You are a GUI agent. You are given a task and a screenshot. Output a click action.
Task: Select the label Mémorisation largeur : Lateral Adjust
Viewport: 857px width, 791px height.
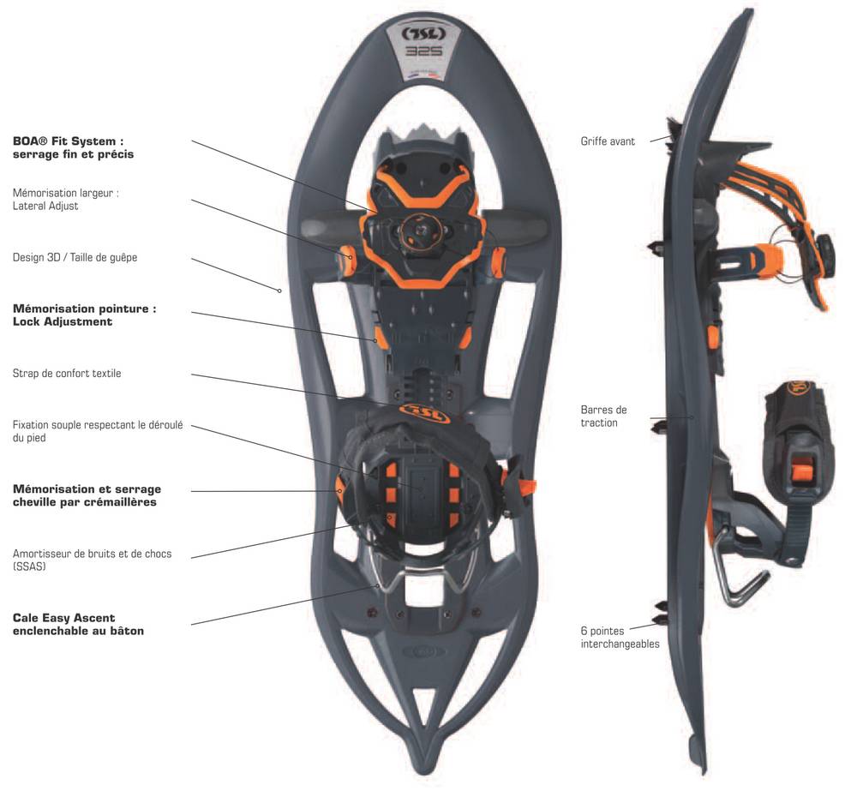click(66, 200)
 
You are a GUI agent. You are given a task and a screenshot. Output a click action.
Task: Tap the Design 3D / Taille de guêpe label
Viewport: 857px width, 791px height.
click(75, 257)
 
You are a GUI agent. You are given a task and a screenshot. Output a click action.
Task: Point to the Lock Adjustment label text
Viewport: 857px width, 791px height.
click(63, 322)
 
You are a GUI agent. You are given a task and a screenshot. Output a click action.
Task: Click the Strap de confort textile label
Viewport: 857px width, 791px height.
click(67, 374)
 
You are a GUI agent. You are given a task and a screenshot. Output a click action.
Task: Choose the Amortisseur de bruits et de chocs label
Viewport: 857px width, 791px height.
click(92, 560)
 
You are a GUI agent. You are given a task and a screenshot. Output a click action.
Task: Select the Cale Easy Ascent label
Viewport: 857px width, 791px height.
click(78, 624)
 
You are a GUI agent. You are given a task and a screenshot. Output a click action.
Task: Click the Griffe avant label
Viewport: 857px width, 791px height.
click(608, 141)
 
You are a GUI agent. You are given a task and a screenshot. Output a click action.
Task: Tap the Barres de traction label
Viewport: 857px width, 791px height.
click(603, 416)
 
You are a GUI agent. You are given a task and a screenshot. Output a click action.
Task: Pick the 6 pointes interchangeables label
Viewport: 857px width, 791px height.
click(620, 638)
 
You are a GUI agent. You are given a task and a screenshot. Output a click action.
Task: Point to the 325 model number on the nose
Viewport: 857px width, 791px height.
click(423, 52)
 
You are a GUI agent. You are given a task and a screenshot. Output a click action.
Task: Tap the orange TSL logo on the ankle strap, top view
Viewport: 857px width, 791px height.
click(424, 413)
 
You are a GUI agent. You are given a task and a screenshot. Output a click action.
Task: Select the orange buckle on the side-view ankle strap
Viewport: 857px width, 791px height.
click(803, 468)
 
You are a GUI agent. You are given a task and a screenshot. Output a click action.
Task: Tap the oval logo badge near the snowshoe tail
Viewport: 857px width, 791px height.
click(423, 651)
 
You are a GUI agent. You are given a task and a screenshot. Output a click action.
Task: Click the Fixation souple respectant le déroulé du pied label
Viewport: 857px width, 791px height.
click(98, 431)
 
